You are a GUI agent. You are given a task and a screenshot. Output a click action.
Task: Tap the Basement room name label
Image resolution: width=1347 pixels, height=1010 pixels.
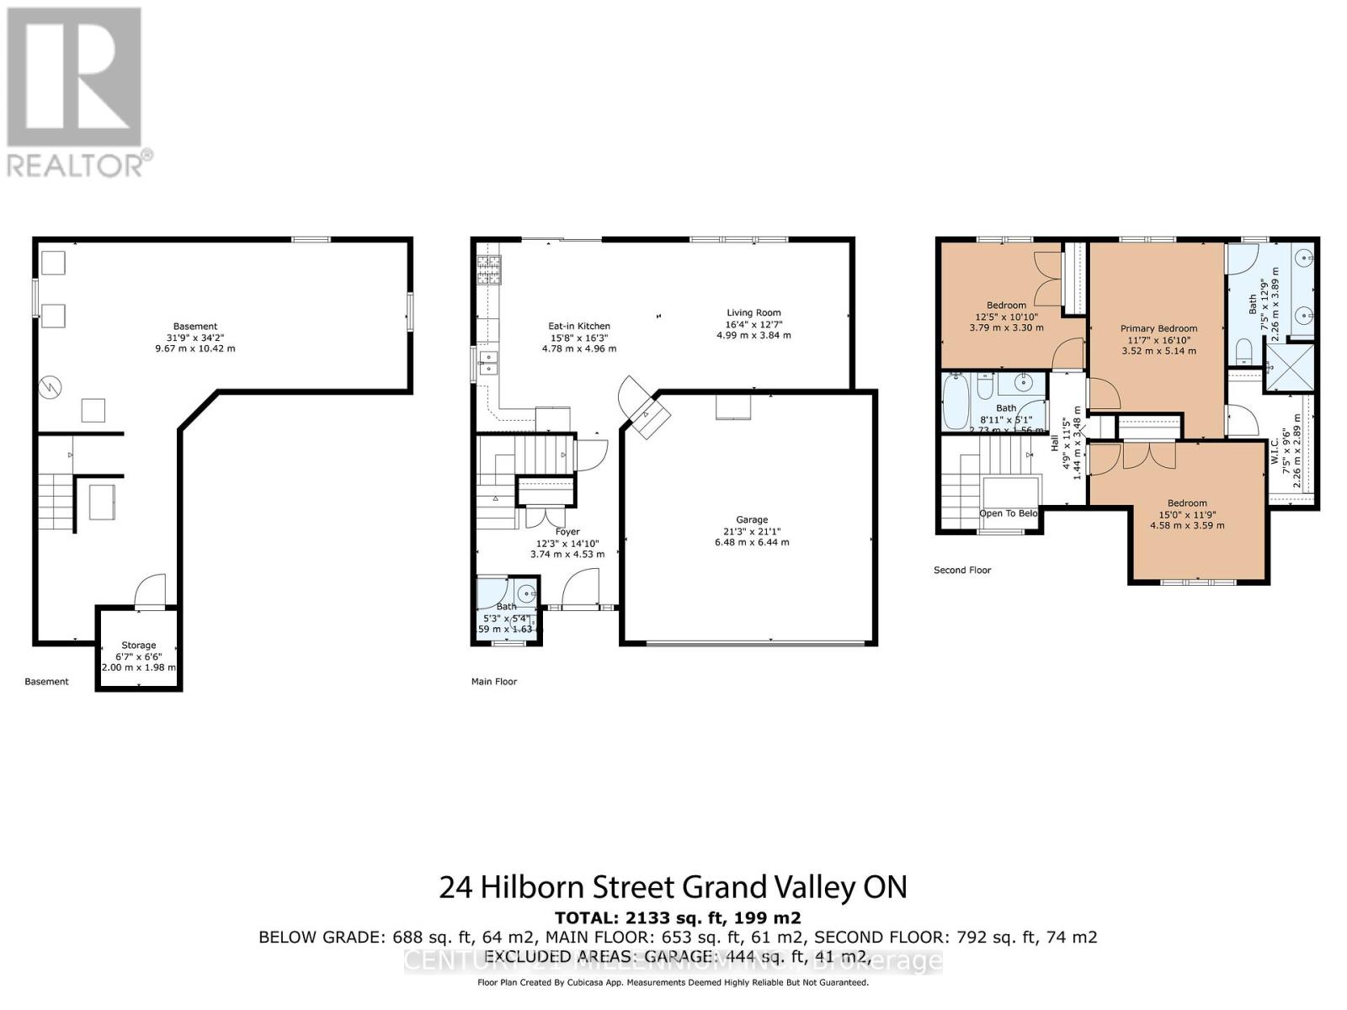coord(195,327)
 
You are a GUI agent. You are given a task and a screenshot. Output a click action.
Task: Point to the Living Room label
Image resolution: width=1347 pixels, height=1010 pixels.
coord(753,313)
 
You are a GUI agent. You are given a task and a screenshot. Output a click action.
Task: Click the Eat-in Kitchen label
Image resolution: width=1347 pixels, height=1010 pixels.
coord(579,327)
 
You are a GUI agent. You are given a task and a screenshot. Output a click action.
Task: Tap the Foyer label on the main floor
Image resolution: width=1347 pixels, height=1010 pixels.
coord(567,532)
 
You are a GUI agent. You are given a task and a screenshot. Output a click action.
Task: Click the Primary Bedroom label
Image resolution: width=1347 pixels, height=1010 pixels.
coord(1158,329)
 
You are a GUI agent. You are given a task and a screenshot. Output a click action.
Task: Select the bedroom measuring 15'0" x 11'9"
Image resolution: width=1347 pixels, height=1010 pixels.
coord(1187,503)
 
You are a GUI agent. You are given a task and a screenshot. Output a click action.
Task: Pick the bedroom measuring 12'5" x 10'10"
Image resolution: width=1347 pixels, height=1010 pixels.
coord(1006,306)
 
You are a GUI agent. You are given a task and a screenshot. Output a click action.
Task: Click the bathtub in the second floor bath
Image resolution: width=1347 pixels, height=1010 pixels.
coord(957,402)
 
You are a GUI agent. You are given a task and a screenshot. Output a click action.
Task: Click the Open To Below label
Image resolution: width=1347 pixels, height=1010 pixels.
coord(1008,513)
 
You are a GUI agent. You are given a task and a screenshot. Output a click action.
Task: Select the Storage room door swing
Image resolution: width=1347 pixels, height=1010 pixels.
coord(152,589)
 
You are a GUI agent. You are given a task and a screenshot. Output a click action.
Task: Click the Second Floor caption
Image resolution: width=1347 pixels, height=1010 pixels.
coord(962,571)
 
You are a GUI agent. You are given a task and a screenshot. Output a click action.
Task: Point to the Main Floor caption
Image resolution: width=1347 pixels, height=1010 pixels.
coord(494,682)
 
